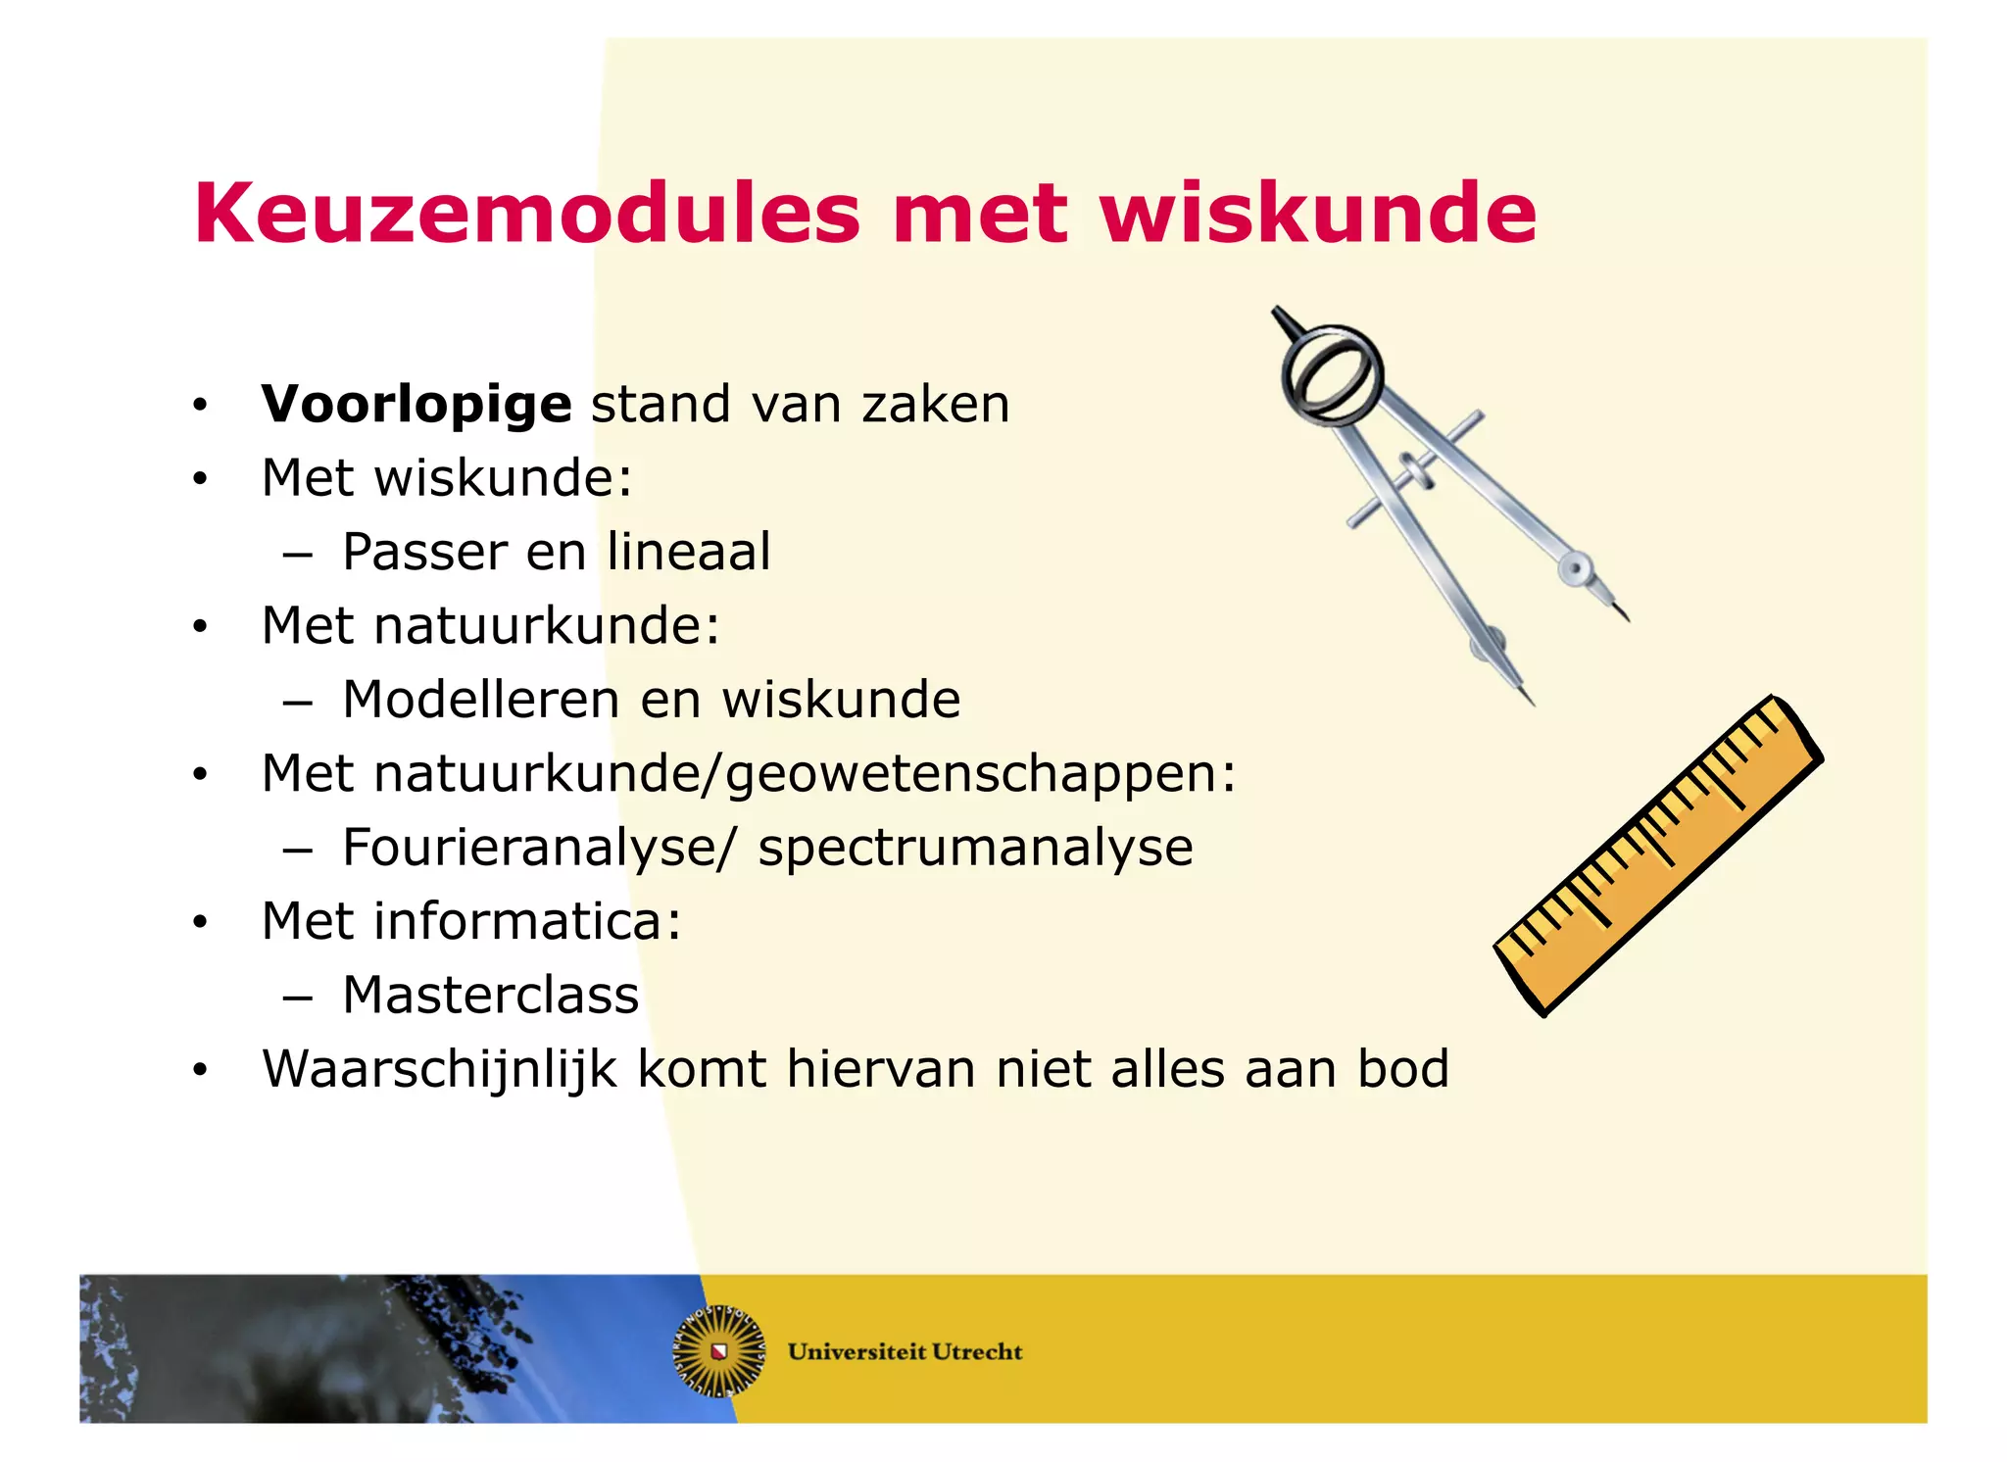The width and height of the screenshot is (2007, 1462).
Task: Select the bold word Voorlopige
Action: point(416,405)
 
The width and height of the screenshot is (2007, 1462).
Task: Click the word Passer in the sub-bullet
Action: point(423,552)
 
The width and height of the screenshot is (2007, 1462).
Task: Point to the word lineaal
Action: point(688,552)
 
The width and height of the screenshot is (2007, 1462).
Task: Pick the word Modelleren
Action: point(480,700)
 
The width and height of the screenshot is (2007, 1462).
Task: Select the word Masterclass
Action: point(490,996)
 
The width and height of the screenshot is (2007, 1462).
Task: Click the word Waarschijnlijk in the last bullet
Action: point(439,1070)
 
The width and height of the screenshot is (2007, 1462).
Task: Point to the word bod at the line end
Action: point(1402,1069)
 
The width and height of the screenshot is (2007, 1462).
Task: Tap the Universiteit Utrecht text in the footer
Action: point(905,1352)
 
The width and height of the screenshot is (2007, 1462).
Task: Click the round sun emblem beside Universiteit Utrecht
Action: point(719,1351)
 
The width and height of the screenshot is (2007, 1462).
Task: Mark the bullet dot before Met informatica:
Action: point(200,923)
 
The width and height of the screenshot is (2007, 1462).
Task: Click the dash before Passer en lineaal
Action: point(297,555)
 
